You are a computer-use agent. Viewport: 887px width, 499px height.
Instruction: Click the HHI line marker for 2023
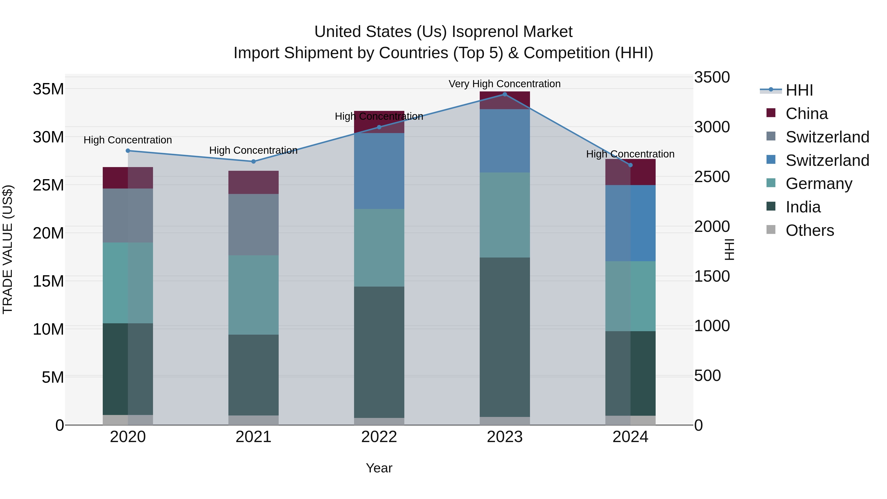tap(505, 94)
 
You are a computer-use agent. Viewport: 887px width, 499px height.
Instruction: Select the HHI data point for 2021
tap(254, 161)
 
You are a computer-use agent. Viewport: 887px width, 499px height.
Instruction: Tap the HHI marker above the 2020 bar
tap(128, 151)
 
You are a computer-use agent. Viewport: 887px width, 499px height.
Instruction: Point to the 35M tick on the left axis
tap(48, 89)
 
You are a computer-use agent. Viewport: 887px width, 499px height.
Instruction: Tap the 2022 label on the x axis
tap(379, 437)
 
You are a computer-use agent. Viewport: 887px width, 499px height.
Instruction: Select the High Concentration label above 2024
tap(630, 154)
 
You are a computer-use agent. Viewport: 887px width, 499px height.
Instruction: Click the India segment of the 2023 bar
tap(505, 338)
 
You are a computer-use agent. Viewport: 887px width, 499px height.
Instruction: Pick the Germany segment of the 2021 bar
tap(254, 295)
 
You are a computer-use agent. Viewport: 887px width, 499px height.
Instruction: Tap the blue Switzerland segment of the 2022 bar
tap(379, 171)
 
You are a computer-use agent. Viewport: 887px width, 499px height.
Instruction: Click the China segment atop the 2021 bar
tap(254, 183)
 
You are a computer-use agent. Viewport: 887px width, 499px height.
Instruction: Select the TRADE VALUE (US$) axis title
tap(8, 249)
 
